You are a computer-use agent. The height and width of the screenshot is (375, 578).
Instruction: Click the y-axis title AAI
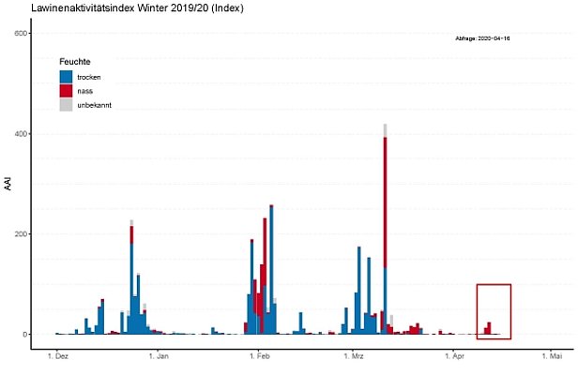point(8,183)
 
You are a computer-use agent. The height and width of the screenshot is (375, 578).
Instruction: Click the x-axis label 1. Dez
point(58,357)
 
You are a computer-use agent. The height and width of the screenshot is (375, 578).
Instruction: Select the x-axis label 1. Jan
point(158,357)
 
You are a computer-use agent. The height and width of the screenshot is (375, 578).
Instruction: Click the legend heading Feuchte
point(74,61)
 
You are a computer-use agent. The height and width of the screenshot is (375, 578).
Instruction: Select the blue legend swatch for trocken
point(66,77)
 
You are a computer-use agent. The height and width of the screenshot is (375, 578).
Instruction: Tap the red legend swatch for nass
point(66,91)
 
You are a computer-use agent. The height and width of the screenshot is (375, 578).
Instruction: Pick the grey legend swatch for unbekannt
point(66,105)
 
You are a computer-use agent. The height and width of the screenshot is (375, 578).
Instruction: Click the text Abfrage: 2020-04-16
point(481,38)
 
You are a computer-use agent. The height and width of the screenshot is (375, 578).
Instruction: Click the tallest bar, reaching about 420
point(385,234)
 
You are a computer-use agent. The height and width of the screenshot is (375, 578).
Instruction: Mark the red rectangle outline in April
point(493,285)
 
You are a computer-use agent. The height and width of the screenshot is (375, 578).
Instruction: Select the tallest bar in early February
point(271,272)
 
